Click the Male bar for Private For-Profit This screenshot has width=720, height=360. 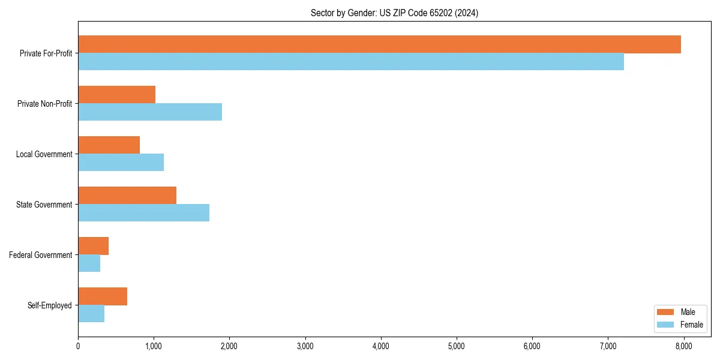[x=379, y=44]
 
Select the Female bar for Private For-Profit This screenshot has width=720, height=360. [x=351, y=62]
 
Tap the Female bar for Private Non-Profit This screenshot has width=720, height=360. [x=150, y=112]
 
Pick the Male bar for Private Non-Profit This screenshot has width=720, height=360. [x=116, y=95]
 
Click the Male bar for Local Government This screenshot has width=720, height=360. [x=109, y=145]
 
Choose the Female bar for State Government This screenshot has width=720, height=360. [x=143, y=213]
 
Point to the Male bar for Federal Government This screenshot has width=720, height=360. [x=93, y=246]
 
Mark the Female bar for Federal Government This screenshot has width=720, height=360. [x=89, y=263]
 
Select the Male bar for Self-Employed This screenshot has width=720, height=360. [x=103, y=296]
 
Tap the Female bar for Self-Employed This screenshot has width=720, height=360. [x=91, y=314]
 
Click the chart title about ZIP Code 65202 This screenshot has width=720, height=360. [x=394, y=13]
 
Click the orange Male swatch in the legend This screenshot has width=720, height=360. [x=666, y=312]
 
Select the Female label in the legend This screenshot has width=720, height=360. [x=692, y=325]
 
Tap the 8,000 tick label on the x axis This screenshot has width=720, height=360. [x=684, y=346]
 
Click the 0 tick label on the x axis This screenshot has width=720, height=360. [x=78, y=346]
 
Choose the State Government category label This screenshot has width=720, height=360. [x=44, y=205]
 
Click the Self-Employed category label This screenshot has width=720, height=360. [x=49, y=305]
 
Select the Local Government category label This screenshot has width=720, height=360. [x=44, y=154]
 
